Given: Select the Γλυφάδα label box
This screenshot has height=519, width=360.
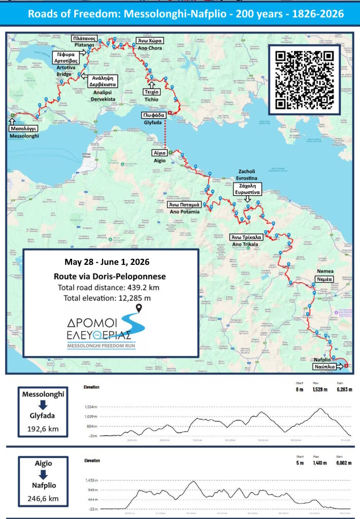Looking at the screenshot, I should coord(156,115).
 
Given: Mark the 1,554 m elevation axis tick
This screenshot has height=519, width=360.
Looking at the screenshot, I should coord(91,407).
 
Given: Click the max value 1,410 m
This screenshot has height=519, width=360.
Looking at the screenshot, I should coord(317,463).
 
